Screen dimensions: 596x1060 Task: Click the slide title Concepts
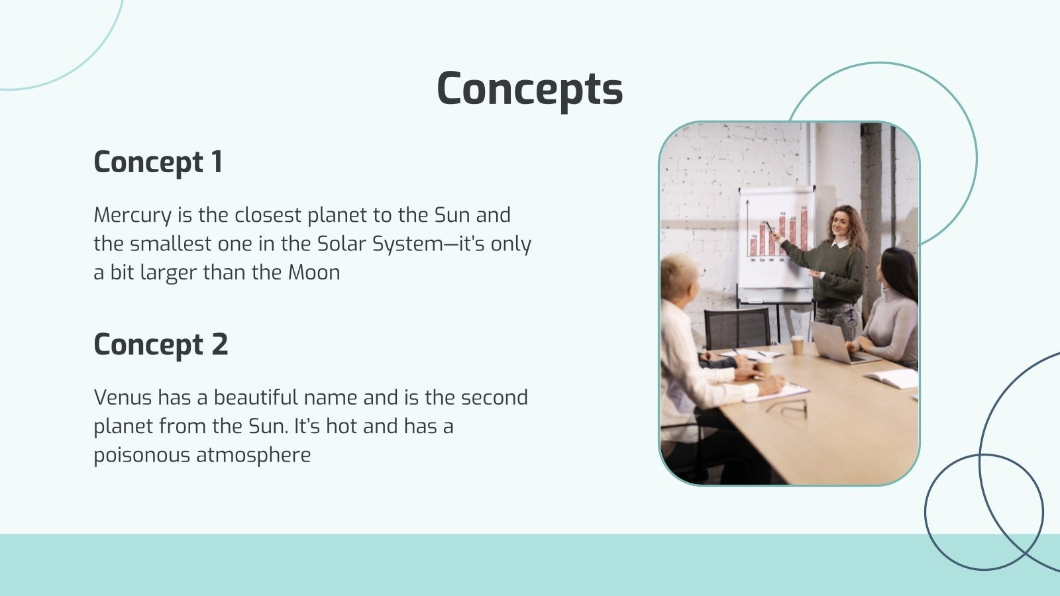530,89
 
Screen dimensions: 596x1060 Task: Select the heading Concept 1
158,162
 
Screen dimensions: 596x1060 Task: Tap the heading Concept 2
160,344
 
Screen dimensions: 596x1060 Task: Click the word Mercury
132,215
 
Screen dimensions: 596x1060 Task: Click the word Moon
313,272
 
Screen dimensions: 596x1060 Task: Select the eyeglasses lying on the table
788,407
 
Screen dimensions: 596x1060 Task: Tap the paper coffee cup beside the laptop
797,344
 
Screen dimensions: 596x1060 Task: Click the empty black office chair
737,329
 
